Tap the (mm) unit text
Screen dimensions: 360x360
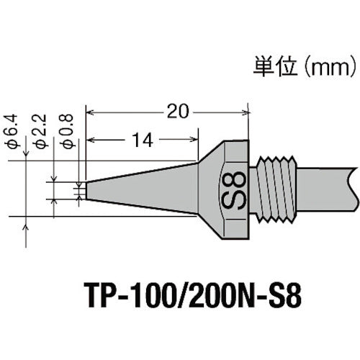coord(328,68)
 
